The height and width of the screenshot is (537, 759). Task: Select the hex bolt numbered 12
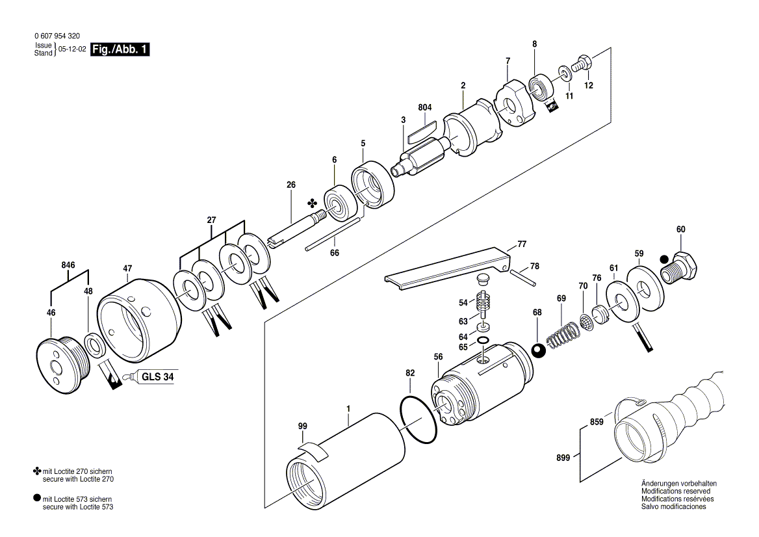582,64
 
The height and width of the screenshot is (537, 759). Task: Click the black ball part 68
538,350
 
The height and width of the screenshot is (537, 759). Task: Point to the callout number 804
425,107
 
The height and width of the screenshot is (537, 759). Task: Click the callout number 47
127,267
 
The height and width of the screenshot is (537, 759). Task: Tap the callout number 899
563,458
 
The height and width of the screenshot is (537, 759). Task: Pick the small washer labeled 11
565,71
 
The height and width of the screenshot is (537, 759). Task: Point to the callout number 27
211,220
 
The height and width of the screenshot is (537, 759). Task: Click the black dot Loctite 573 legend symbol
36,498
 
